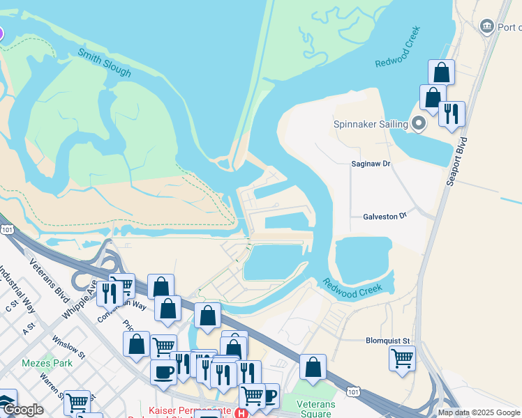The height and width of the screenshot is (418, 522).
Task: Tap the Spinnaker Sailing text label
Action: pos(370,124)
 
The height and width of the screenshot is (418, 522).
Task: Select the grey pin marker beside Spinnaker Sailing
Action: pos(419,124)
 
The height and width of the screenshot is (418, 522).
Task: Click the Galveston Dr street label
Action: pos(385,217)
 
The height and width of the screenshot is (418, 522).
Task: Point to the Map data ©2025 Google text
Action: pos(479,412)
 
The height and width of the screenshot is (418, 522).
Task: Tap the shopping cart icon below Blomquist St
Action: pos(403,359)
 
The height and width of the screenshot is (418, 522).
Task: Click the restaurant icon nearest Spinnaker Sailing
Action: pos(452,113)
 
